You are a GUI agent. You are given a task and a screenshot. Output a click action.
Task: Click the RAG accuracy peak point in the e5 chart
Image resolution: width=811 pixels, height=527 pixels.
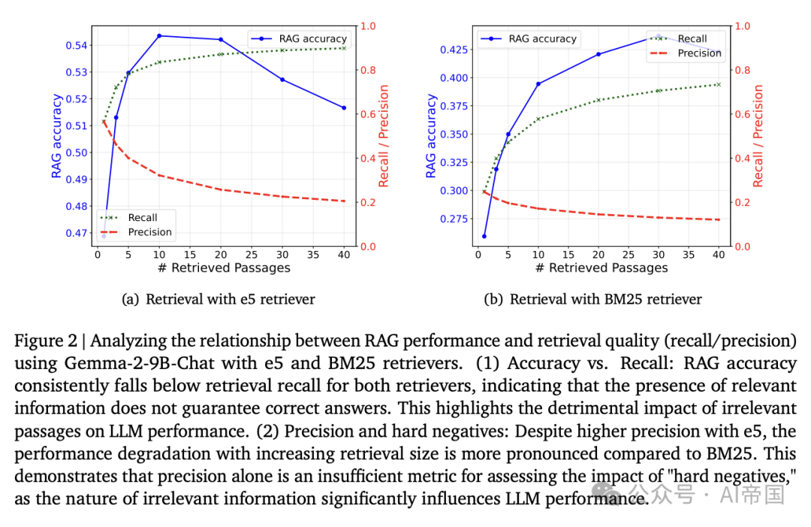click(x=159, y=35)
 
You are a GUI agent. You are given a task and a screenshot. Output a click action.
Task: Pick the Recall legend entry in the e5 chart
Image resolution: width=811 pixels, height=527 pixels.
click(x=142, y=218)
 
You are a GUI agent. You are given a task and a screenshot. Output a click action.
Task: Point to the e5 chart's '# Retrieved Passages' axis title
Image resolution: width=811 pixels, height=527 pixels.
click(x=224, y=268)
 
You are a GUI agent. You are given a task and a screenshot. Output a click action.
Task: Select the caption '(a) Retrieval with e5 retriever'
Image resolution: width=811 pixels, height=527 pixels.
click(x=219, y=299)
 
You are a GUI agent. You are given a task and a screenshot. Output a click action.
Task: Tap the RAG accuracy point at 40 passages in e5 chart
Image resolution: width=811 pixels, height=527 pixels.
click(x=344, y=108)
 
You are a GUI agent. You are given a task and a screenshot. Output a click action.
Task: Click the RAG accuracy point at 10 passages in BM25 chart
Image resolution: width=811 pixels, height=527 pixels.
click(x=538, y=83)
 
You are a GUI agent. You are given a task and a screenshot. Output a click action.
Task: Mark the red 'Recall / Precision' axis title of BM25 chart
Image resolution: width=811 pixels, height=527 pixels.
click(x=758, y=136)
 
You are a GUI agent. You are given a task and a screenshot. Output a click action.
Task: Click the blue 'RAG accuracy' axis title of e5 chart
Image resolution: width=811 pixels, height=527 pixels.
click(x=56, y=136)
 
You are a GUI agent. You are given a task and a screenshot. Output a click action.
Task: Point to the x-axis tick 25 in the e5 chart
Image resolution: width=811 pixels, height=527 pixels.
click(x=252, y=254)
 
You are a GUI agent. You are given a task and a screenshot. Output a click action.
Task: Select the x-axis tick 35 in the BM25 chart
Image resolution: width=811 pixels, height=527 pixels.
click(x=689, y=254)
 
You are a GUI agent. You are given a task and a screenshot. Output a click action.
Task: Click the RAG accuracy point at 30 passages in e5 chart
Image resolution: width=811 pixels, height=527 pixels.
click(x=282, y=80)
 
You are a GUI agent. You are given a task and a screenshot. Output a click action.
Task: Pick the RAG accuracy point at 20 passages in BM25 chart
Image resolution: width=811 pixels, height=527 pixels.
click(x=598, y=54)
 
